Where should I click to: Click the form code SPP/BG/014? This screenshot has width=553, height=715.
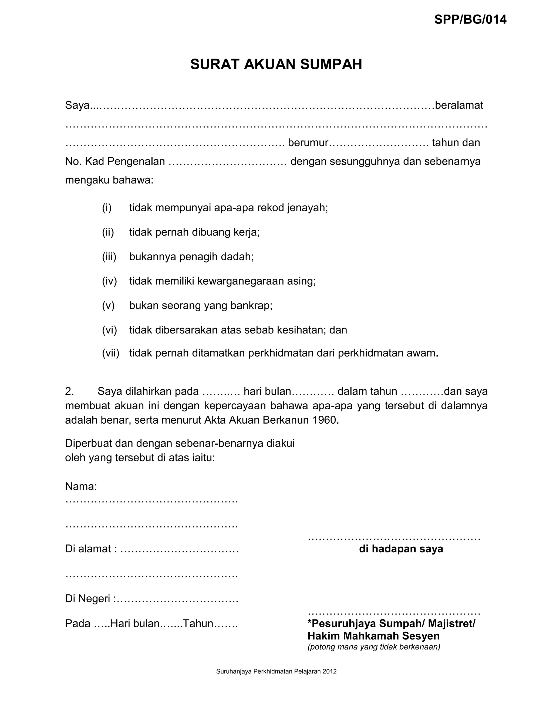click(x=470, y=20)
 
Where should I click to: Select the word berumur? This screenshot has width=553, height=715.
click(x=308, y=143)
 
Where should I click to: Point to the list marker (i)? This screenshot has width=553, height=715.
click(x=107, y=207)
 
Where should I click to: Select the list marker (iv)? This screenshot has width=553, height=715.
click(x=109, y=281)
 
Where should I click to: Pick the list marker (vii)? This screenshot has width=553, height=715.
click(x=111, y=353)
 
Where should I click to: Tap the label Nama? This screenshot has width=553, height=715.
click(x=81, y=486)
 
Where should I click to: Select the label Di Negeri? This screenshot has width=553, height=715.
click(x=89, y=598)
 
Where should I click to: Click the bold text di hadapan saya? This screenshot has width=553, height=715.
click(x=401, y=549)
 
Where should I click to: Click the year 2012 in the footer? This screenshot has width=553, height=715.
click(x=330, y=672)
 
